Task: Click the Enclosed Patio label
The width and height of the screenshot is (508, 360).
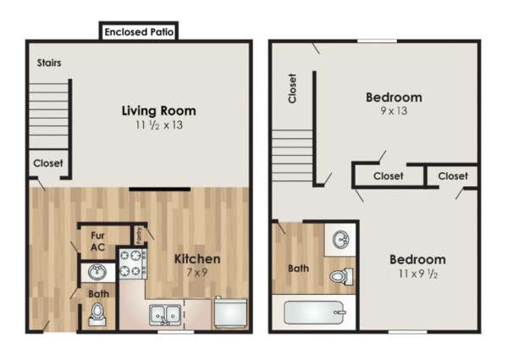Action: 139,31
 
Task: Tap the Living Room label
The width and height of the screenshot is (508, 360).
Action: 159,111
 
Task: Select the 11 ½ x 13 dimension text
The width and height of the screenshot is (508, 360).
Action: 159,125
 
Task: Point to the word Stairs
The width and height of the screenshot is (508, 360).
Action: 49,63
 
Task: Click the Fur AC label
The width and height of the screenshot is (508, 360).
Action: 97,241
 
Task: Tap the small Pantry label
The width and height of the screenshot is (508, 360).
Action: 140,235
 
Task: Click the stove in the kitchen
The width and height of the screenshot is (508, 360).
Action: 133,263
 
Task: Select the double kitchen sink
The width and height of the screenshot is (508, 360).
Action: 165,314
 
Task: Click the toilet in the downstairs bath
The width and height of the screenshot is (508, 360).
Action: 97,314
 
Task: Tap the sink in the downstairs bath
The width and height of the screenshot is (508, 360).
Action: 97,272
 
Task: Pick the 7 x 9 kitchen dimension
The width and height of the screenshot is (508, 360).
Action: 197,273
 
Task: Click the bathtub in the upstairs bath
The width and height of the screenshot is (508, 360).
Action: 315,313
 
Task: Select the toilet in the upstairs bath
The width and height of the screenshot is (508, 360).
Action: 341,276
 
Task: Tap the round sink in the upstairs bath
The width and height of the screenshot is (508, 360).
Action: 341,240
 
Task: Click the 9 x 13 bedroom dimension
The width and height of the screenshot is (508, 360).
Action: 394,111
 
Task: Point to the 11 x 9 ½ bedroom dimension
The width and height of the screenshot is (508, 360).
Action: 418,274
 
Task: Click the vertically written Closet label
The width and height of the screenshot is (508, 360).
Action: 292,88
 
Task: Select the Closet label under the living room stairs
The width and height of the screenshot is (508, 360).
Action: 48,163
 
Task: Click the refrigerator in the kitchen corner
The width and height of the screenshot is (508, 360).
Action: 230,313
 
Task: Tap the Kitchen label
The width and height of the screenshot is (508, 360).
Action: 197,259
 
